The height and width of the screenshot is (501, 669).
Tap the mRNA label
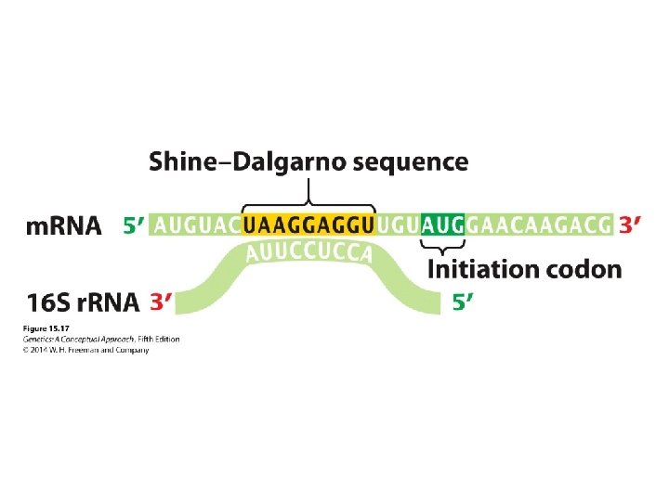[64, 225]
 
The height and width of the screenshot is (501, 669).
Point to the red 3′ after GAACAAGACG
[630, 225]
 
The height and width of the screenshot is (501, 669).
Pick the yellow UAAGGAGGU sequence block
[308, 225]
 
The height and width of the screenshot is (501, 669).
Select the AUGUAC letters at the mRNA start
[195, 225]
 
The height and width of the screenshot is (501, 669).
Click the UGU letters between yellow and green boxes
[399, 225]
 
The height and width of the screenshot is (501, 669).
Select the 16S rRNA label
[83, 302]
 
